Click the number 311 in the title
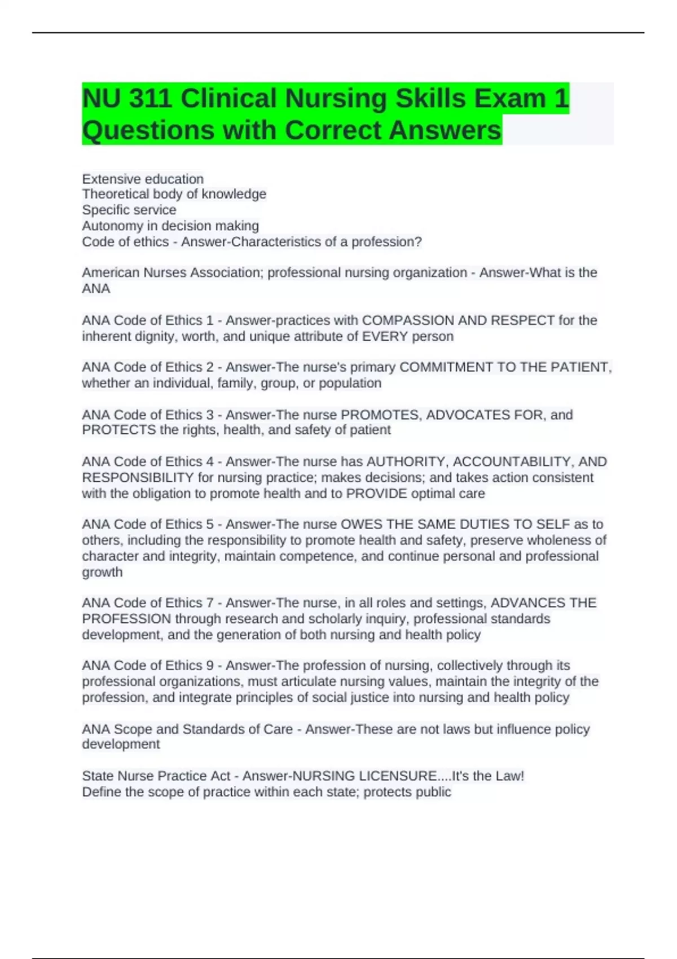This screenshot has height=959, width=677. [150, 99]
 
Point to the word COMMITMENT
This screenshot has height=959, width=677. [446, 367]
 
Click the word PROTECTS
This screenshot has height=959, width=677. [119, 430]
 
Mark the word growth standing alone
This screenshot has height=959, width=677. [102, 572]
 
